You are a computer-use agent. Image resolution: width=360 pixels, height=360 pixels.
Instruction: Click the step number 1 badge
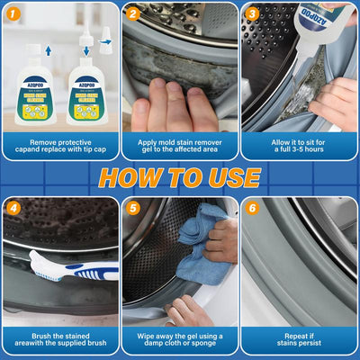13,13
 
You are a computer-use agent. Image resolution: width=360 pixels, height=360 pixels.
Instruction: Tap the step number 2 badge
132,13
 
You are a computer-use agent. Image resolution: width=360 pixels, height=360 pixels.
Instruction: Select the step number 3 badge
252,13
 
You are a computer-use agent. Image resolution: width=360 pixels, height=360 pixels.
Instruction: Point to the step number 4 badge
13,207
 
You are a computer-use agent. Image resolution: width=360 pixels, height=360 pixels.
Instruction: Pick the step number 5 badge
132,207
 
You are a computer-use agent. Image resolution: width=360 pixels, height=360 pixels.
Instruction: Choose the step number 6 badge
252,207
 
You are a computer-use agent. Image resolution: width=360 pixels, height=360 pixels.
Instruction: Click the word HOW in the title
135,177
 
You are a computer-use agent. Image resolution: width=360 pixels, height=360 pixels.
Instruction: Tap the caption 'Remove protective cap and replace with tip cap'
59,147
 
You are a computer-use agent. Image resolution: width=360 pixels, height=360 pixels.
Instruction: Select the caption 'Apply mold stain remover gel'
179,147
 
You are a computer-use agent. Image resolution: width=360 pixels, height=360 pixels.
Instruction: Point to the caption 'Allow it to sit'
299,147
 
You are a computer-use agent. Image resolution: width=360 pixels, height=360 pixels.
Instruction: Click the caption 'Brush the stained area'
59,340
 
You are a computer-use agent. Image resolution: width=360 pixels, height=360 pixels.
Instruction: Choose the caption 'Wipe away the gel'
179,340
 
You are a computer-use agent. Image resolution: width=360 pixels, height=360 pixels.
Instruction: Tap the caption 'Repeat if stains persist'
299,340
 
